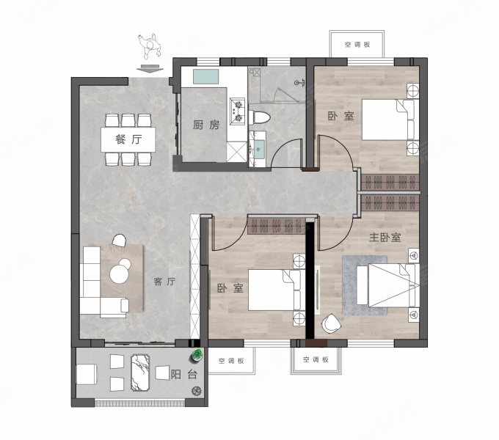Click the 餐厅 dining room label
pyautogui.click(x=128, y=139)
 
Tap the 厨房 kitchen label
pyautogui.click(x=206, y=125)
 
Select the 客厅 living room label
pyautogui.click(x=164, y=282)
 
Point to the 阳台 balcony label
pyautogui.click(x=184, y=374)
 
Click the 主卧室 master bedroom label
pyautogui.click(x=385, y=237)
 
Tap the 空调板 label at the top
pyautogui.click(x=357, y=45)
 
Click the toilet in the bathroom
pyautogui.click(x=259, y=118)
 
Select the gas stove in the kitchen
pyautogui.click(x=238, y=111)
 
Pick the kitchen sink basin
pyautogui.click(x=206, y=76)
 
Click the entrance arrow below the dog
pyautogui.click(x=150, y=69)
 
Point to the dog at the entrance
pyautogui.click(x=150, y=46)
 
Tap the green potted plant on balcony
pyautogui.click(x=197, y=356)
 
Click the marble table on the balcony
pyautogui.click(x=140, y=373)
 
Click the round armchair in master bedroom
pyautogui.click(x=331, y=323)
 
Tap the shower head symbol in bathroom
pyautogui.click(x=299, y=83)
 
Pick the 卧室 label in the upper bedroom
pyautogui.click(x=340, y=116)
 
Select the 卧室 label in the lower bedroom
pyautogui.click(x=230, y=288)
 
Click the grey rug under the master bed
pyautogui.click(x=365, y=285)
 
